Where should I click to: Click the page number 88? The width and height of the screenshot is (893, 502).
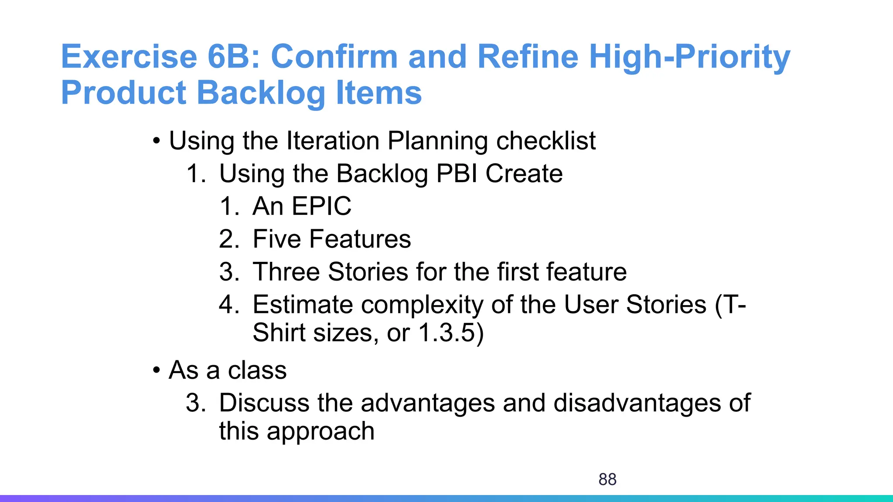pos(607,479)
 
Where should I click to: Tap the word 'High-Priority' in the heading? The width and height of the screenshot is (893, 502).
pos(689,57)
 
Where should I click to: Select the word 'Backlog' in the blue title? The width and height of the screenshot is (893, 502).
pos(261,93)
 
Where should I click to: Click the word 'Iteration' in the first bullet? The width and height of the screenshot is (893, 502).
pos(333,141)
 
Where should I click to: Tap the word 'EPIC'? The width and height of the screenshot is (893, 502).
pos(321,206)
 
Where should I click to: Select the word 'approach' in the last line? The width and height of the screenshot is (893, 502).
pos(320,431)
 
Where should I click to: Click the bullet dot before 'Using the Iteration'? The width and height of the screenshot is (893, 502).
pos(156,142)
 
